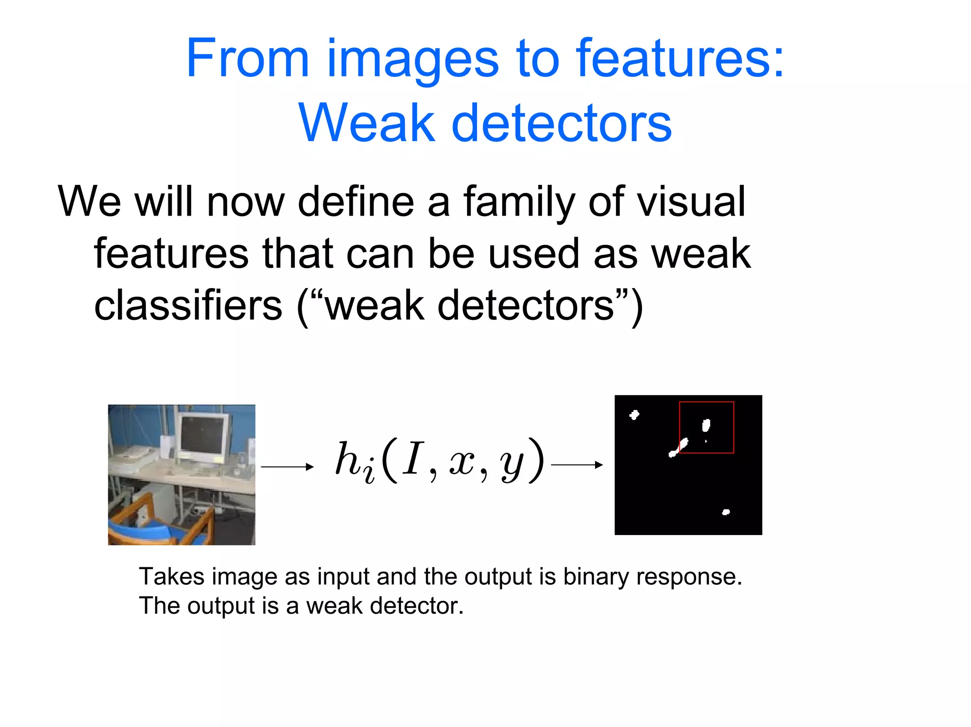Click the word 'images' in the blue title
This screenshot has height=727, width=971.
coord(412,59)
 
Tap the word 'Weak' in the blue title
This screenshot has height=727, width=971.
coord(366,123)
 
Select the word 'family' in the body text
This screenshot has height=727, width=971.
coord(519,202)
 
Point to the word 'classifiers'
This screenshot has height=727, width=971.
coord(188,306)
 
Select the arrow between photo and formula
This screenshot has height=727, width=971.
coord(287,467)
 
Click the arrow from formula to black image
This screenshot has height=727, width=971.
coord(577,465)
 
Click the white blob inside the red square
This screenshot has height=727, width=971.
coord(706,425)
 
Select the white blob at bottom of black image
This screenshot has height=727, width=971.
coord(725,512)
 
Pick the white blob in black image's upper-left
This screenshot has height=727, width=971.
coord(634,415)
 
